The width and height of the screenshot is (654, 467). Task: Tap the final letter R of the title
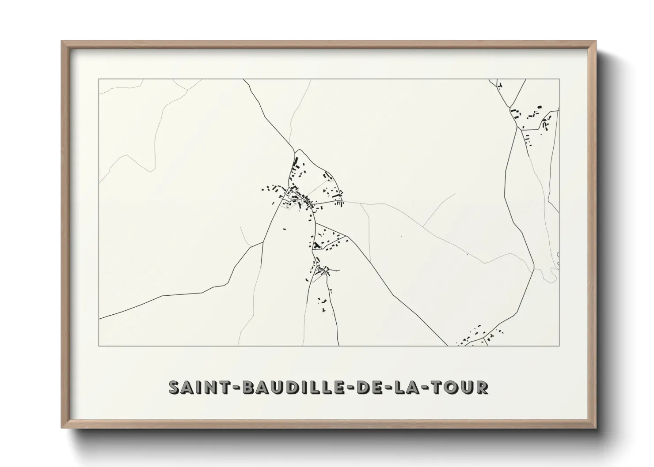[483, 387]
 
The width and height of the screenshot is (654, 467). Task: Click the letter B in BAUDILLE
[243, 387]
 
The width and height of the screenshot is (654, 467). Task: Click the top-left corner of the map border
[99, 79]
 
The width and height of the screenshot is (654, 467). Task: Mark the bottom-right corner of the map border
[559, 346]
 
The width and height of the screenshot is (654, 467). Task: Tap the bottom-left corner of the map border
[99, 346]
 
